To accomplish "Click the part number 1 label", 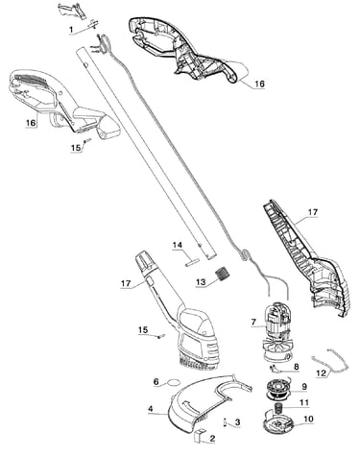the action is point(71,30).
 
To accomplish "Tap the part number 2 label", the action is point(212,439).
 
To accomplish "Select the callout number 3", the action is point(237,422).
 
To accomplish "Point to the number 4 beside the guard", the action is point(151,409).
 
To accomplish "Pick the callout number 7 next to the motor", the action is point(253,322).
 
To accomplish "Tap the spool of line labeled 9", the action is point(277,390).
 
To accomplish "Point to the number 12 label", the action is point(321,372).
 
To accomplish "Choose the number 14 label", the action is point(178,245).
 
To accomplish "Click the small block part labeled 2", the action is point(200,435).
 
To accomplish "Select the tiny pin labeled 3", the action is point(225,422).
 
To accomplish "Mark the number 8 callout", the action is point(296,367).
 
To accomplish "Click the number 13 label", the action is point(201,282).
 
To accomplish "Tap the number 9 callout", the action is point(303,387).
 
